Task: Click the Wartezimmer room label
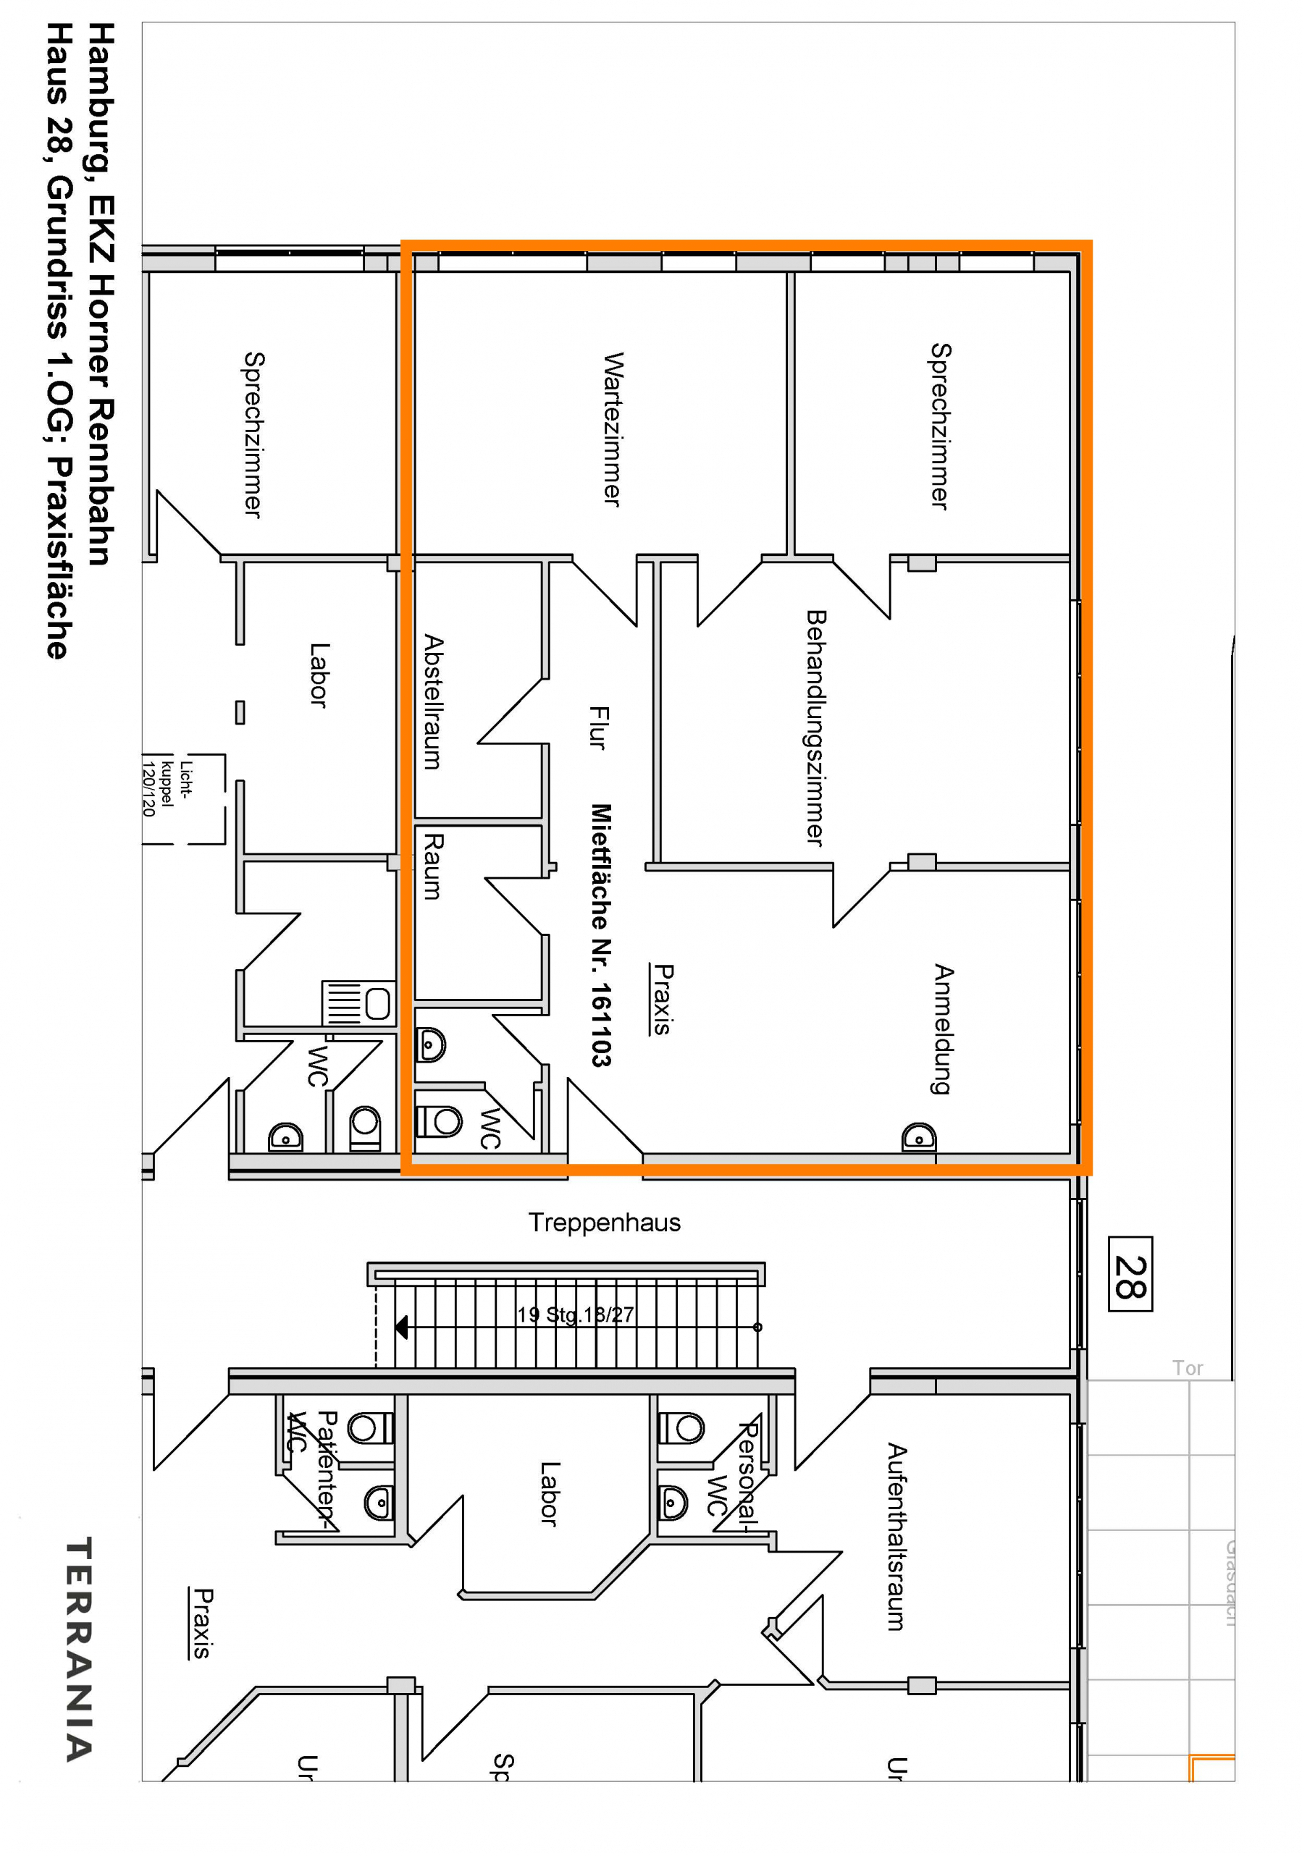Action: point(613,429)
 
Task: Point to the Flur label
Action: point(598,727)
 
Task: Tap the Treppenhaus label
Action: point(604,1222)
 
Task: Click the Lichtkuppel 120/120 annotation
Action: point(167,788)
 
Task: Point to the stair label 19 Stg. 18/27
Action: point(575,1314)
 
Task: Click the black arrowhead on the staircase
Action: point(401,1327)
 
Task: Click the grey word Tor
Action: point(1188,1368)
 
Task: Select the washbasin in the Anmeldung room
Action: point(919,1136)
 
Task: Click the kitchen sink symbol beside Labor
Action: point(358,1003)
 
